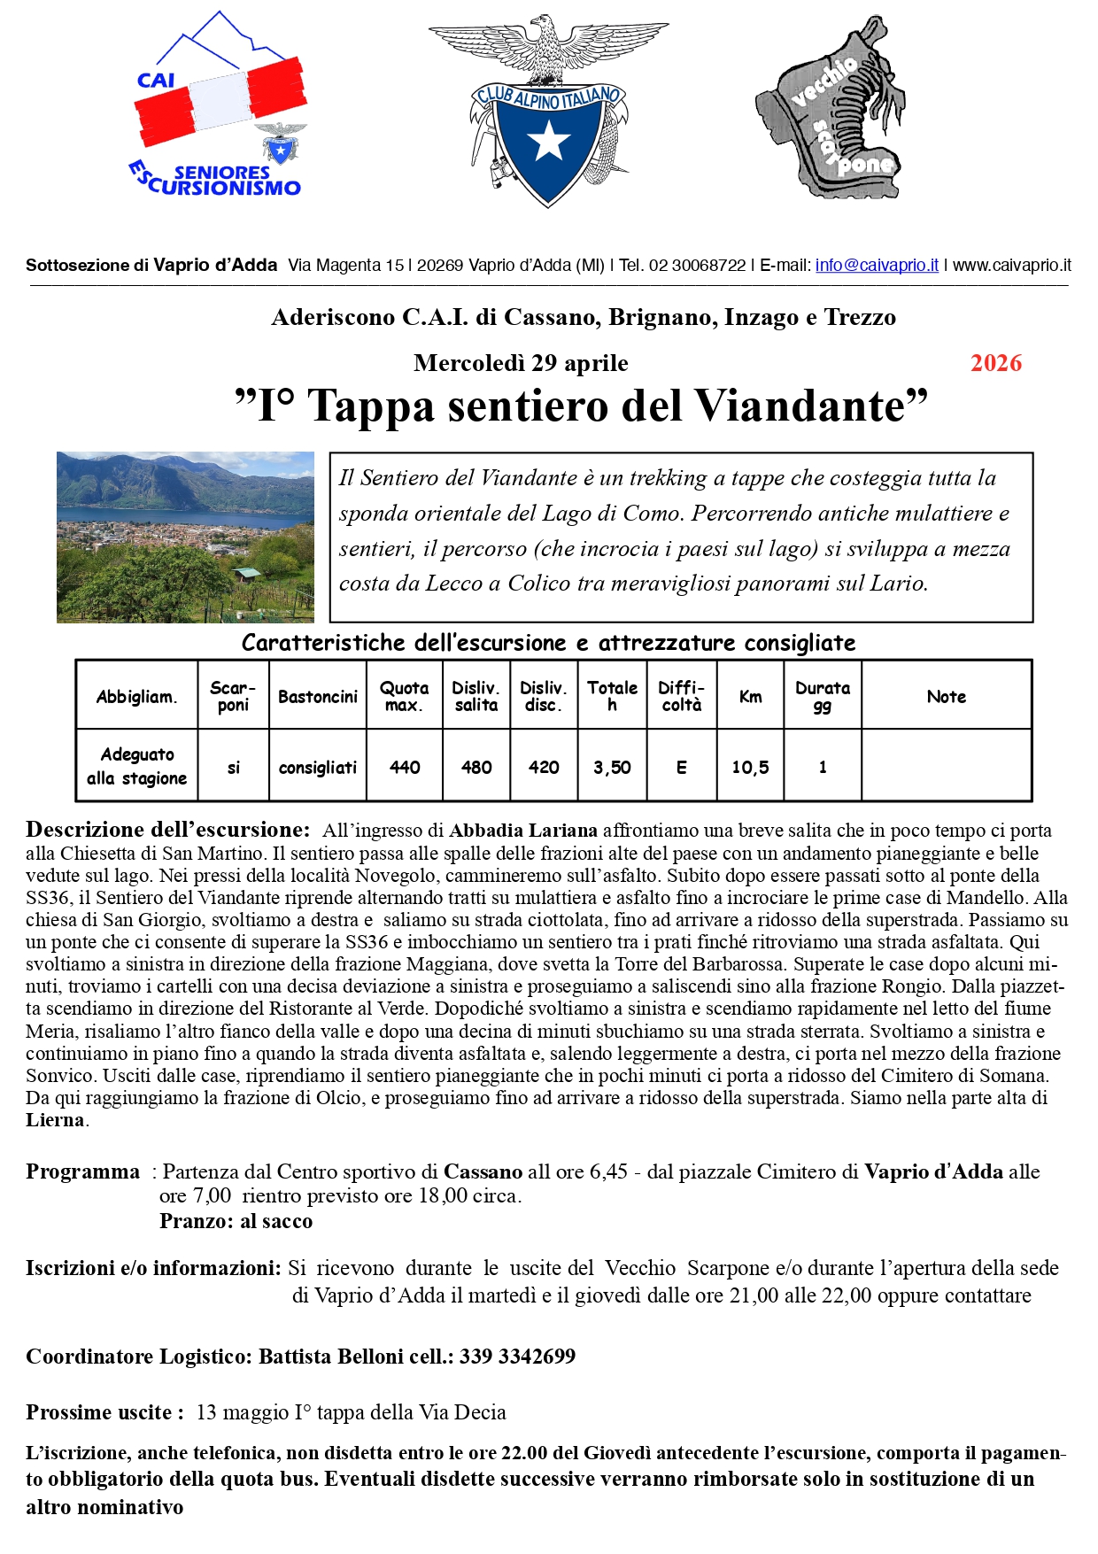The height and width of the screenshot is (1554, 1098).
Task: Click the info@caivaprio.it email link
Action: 877,265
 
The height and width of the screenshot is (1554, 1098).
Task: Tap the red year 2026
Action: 995,363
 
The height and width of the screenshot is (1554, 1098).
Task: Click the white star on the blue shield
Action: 549,140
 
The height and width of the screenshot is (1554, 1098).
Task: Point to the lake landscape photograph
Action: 185,537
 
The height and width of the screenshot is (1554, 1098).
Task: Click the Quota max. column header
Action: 405,696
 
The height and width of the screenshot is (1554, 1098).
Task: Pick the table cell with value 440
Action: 405,767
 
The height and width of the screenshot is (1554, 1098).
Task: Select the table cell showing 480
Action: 476,767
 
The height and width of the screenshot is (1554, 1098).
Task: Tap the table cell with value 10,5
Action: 750,767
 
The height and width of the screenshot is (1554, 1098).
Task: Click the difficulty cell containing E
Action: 682,767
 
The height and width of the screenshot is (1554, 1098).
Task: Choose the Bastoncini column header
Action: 318,696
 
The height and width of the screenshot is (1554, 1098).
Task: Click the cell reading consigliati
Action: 318,767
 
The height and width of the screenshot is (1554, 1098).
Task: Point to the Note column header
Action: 947,696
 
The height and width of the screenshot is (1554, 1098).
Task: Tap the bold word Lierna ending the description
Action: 55,1120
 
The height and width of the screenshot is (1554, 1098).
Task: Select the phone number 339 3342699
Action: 517,1357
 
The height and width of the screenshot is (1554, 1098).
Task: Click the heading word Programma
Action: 82,1171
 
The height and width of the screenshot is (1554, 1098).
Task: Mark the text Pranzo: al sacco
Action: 236,1221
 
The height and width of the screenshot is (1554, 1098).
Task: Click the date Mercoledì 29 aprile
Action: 521,363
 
